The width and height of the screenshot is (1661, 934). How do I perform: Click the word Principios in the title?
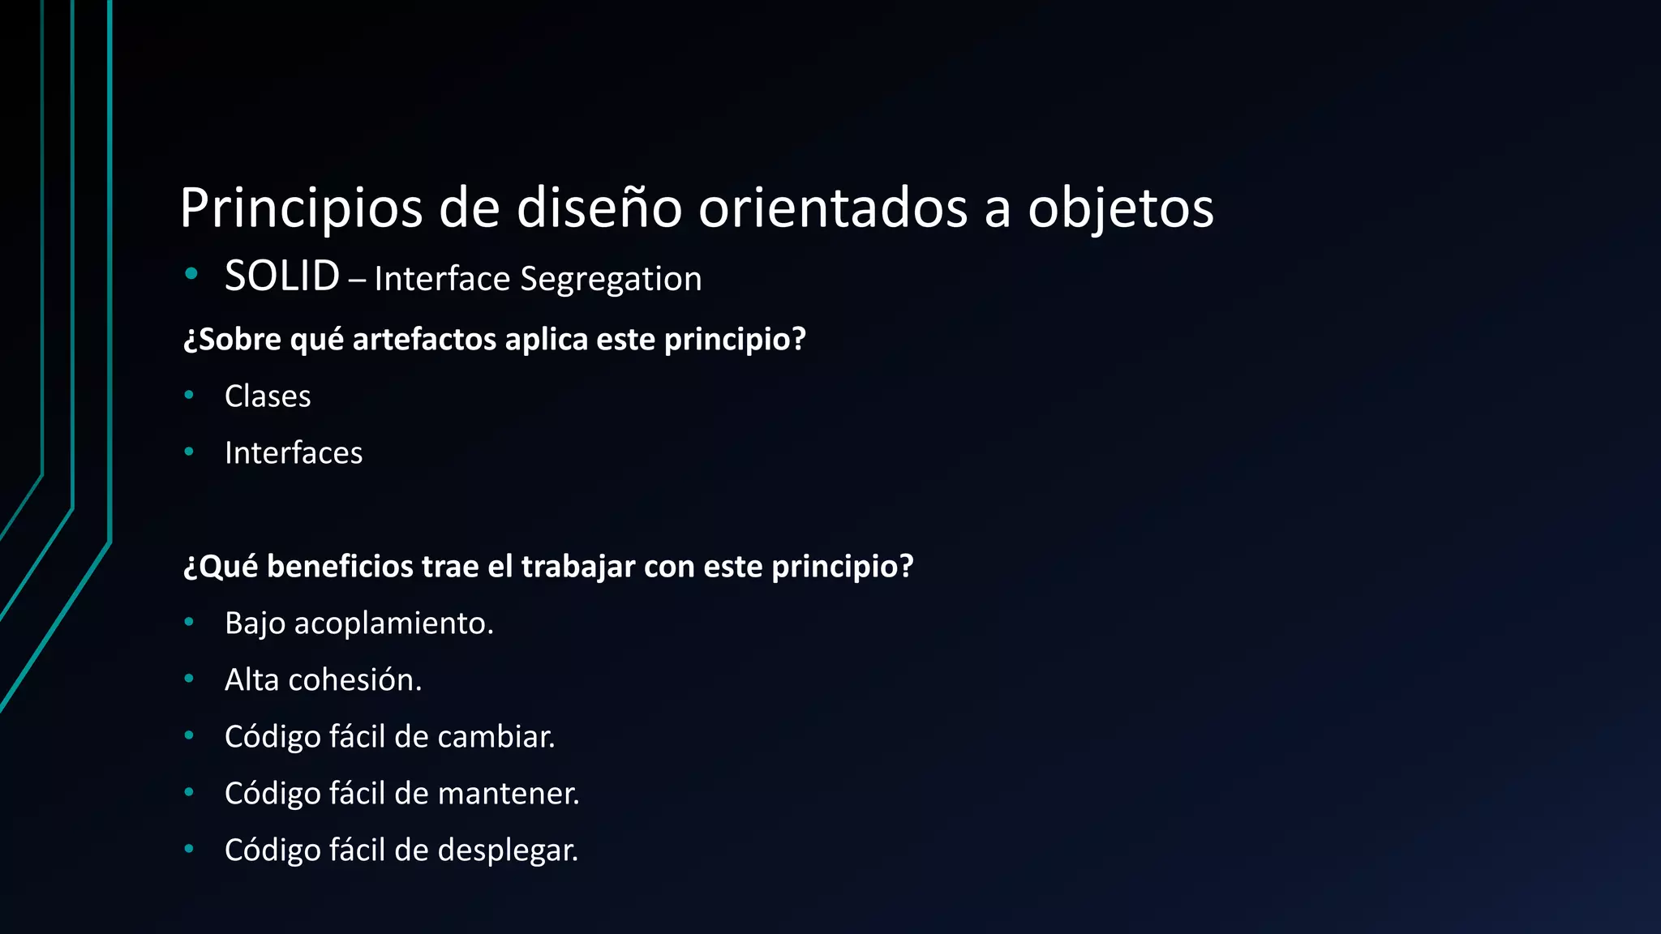coord(301,208)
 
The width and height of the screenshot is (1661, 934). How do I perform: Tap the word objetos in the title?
coord(1121,208)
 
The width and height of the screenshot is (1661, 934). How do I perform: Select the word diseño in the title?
coord(599,208)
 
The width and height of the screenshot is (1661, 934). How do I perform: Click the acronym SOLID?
coord(282,276)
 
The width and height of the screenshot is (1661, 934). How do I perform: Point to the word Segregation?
coord(611,279)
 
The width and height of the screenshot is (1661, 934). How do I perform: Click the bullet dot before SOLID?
coord(191,274)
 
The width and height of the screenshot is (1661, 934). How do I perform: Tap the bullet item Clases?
coord(268,396)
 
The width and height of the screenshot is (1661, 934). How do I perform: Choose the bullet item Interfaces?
coord(294,453)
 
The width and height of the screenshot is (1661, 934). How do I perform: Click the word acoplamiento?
coord(393,623)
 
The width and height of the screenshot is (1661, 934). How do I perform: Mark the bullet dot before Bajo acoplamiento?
coord(189,622)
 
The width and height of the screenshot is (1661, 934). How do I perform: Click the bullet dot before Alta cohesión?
coord(189,679)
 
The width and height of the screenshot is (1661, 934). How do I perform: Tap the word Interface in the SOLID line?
coord(442,279)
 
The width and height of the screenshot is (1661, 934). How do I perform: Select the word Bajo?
coord(255,623)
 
